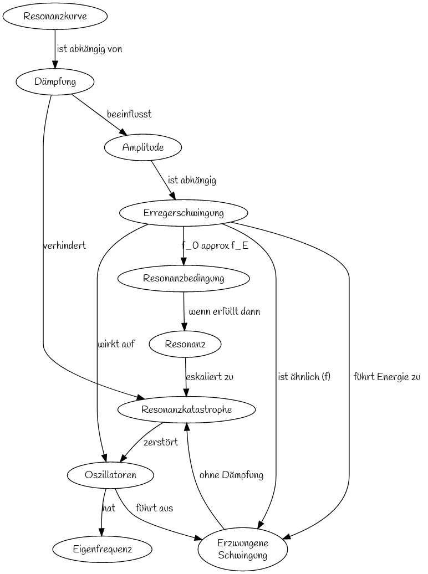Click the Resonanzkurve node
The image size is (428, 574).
tap(55, 17)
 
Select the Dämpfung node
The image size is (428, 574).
tap(55, 82)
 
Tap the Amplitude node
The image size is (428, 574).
tap(143, 147)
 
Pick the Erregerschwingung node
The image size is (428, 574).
tap(184, 213)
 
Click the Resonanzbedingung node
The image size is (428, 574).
tap(184, 278)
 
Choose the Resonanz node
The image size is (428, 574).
tap(185, 344)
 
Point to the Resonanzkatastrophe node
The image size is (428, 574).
tap(187, 409)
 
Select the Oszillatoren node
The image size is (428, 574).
tap(110, 475)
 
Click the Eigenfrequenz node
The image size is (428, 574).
tap(103, 550)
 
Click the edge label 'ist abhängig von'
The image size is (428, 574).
tap(89, 49)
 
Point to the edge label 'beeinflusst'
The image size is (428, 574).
tap(129, 114)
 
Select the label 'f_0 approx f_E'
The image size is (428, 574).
tap(215, 245)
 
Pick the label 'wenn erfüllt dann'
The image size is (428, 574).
tap(225, 311)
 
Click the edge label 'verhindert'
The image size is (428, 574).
tap(65, 245)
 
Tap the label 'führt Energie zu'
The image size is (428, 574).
tap(387, 377)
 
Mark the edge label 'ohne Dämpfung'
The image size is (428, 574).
tap(231, 475)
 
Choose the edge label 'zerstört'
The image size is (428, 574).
tap(161, 442)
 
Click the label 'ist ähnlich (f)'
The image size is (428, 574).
tap(304, 377)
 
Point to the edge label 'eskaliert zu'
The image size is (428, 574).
tap(210, 377)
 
